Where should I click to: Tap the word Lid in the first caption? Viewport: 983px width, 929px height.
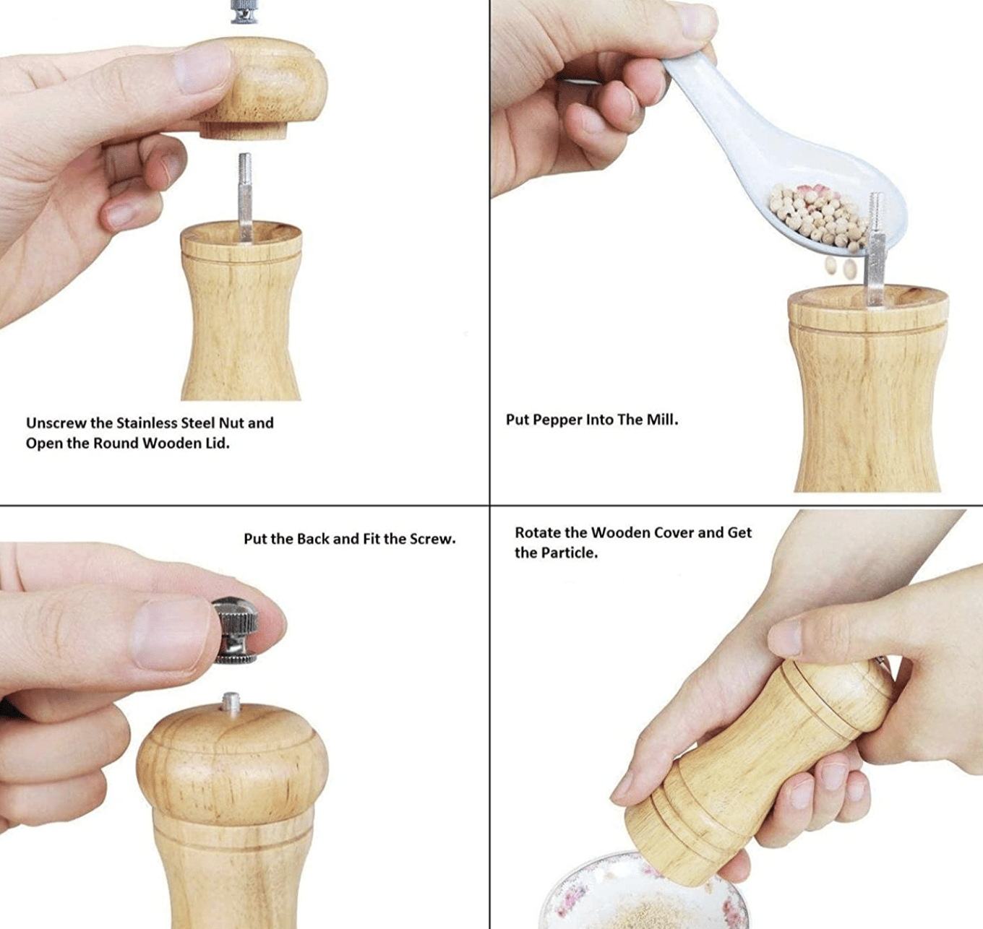pyautogui.click(x=215, y=444)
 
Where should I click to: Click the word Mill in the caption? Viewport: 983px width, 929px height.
pyautogui.click(x=661, y=420)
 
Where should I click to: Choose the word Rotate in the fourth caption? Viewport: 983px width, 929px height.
pyautogui.click(x=538, y=533)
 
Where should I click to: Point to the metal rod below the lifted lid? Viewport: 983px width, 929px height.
pyautogui.click(x=245, y=195)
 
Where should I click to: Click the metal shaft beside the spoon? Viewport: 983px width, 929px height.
pyautogui.click(x=876, y=253)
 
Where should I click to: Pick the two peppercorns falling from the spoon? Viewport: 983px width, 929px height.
pyautogui.click(x=840, y=268)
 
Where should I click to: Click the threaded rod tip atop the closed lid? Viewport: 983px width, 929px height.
pyautogui.click(x=231, y=703)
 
